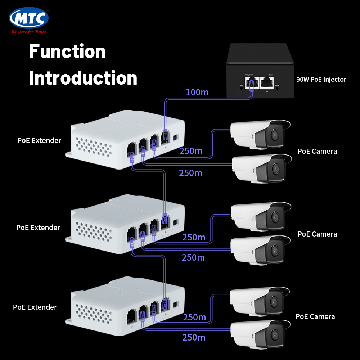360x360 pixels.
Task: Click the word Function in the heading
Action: pos(67,51)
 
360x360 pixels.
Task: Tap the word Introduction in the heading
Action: pos(83,78)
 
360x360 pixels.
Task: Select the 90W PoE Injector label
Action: pos(321,80)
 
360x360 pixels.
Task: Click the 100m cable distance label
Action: pos(197,93)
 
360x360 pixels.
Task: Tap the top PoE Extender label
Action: pos(39,140)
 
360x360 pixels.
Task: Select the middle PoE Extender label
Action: pos(38,228)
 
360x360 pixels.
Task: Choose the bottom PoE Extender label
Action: pos(35,307)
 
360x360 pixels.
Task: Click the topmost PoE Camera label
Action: pos(317,151)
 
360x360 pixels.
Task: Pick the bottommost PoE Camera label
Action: pos(315,316)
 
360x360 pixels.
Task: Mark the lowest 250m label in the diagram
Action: pos(194,337)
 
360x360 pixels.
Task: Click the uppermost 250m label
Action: pos(191,151)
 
